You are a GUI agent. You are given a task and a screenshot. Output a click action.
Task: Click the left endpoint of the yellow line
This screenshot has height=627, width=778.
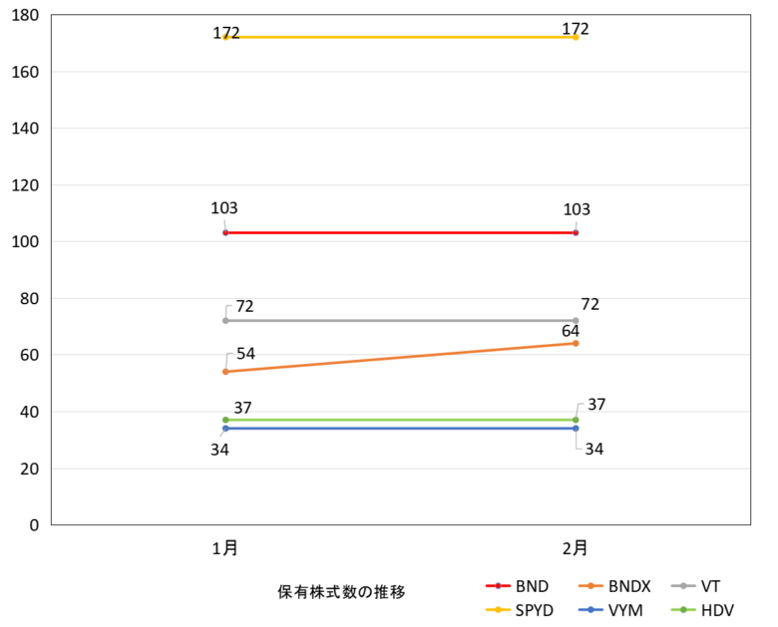pos(225,37)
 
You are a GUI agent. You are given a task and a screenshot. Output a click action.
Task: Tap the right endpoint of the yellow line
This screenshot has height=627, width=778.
pos(576,37)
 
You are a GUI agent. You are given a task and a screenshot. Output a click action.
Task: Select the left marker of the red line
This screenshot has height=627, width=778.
pos(225,232)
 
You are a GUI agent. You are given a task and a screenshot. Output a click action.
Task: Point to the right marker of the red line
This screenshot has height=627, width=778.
pos(576,232)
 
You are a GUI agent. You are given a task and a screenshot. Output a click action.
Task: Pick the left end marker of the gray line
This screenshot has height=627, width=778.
pos(225,320)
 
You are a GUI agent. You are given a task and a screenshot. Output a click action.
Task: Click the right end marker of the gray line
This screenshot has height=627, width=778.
pos(576,320)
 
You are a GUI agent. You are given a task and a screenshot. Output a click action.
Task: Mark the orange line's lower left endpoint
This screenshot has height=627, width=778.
pos(225,371)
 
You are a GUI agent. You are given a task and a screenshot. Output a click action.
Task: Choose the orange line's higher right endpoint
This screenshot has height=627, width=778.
pos(576,343)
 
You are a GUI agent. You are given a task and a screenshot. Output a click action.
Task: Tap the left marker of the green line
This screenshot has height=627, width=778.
pos(225,420)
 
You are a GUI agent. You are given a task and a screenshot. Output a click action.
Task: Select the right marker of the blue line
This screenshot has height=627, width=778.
pos(576,428)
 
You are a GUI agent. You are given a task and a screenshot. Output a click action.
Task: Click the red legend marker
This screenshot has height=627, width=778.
pos(498,586)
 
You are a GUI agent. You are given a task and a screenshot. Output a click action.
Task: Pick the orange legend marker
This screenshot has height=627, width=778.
pos(590,586)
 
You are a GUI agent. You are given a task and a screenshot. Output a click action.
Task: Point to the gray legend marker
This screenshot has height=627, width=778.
pos(683,586)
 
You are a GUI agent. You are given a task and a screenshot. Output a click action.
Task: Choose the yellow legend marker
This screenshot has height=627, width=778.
pos(498,609)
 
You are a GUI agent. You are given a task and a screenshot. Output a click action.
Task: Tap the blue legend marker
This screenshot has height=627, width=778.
pos(590,609)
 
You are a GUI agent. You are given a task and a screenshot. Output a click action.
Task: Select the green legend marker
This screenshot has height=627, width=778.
pos(683,609)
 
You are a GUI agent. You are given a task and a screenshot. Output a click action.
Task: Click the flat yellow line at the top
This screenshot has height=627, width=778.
pos(399,37)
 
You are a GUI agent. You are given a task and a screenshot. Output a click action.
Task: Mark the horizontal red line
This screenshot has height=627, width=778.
pos(399,232)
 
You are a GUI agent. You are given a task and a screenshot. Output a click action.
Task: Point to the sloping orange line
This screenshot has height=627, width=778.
pos(399,357)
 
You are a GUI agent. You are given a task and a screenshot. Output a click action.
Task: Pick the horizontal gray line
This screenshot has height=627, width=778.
pos(399,320)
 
